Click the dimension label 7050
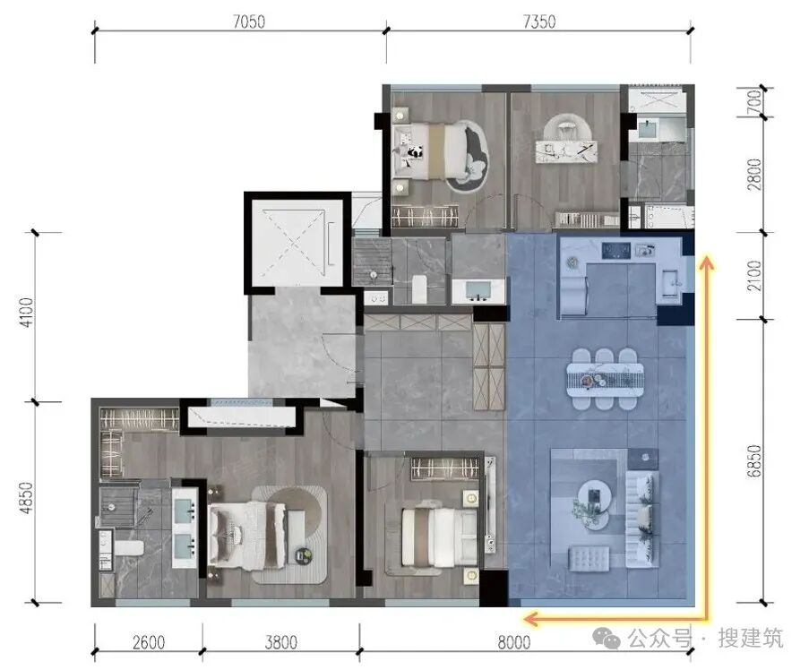[249, 21]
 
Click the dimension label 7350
[539, 21]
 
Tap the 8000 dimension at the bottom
[514, 642]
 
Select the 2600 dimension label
[149, 642]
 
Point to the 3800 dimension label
[280, 642]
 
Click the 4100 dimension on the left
[26, 312]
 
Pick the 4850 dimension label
[26, 497]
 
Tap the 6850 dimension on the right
[753, 460]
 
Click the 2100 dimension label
[753, 276]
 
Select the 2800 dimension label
[753, 175]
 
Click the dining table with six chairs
[605, 379]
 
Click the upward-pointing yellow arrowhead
[706, 263]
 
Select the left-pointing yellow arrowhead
[531, 618]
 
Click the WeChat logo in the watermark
[607, 639]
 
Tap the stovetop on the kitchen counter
[615, 250]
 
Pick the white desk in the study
[566, 151]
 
